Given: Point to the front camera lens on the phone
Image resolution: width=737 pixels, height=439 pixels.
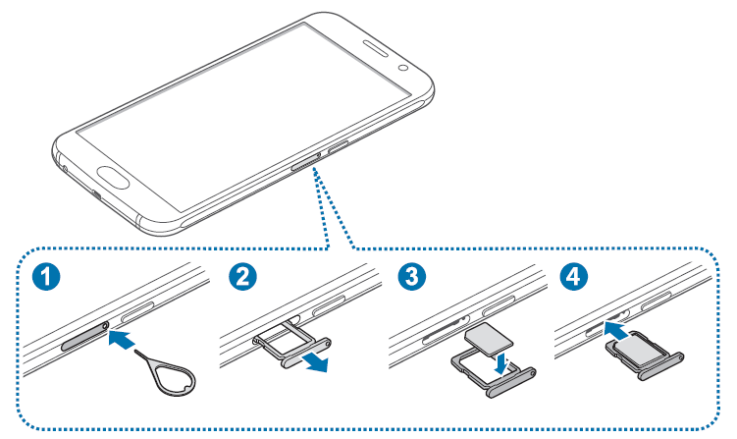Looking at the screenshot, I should click(x=404, y=70).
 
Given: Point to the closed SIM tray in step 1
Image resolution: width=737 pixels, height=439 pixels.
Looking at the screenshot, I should click(x=82, y=339).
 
